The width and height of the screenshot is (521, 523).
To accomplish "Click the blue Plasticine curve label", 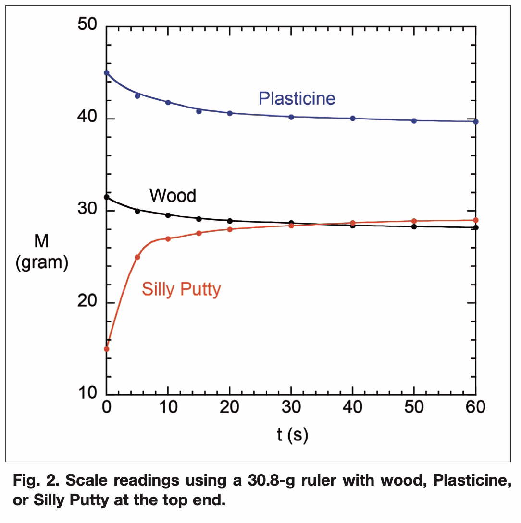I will click(297, 98).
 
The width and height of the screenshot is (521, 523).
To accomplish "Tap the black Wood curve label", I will click(173, 196).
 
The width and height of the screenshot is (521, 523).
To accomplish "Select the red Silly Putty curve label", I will click(181, 289).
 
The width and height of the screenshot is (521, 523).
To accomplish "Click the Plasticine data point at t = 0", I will click(107, 73).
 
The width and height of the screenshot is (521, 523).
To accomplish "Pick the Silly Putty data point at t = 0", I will click(107, 349).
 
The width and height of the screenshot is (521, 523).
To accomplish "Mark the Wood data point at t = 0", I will click(107, 197).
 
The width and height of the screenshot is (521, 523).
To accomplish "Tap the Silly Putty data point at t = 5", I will click(137, 257).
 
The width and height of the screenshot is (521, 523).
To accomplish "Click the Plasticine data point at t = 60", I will click(476, 122).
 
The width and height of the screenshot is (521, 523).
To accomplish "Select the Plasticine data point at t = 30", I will click(291, 117).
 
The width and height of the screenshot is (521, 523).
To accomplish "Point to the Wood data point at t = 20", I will click(230, 221).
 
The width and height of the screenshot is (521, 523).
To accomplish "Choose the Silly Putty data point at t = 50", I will click(414, 221).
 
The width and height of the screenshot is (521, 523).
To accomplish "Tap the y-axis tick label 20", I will click(87, 303).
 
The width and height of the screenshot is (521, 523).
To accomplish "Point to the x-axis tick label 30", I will click(291, 407).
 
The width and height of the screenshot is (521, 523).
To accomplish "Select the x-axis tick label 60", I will click(476, 407).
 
